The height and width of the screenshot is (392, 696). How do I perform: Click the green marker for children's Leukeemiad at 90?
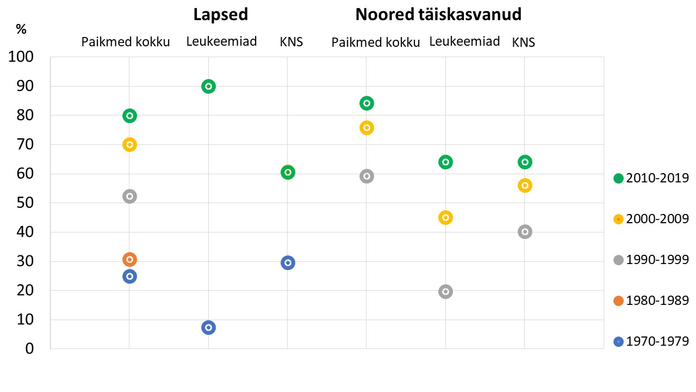[x=208, y=86]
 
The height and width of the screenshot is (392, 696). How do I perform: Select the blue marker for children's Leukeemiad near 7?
[x=208, y=327]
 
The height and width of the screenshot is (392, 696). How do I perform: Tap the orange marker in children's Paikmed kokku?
[x=129, y=259]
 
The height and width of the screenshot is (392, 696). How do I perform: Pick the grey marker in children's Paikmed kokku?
[x=129, y=197]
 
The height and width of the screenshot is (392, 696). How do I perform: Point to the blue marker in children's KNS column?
[x=288, y=262]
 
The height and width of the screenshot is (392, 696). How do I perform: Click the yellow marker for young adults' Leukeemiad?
[x=445, y=217]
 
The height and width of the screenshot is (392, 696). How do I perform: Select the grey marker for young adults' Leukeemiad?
[x=445, y=291]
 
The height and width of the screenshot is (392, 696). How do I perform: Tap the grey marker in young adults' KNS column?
[x=525, y=231]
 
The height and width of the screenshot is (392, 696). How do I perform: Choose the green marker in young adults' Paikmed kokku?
[x=366, y=103]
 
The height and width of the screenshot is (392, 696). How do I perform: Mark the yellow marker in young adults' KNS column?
[x=525, y=185]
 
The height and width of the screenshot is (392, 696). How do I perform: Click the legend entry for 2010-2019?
[x=651, y=178]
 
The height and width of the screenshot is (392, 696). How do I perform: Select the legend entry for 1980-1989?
[x=651, y=301]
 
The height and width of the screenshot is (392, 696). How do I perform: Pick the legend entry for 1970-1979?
[x=651, y=342]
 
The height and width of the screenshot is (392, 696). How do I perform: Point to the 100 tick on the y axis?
[x=22, y=57]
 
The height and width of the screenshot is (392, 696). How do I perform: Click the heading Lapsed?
[x=221, y=15]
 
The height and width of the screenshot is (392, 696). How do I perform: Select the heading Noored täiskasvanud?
[x=438, y=15]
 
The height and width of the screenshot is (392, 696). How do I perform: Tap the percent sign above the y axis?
[x=21, y=30]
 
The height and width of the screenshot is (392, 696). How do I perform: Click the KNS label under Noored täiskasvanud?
[x=524, y=42]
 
